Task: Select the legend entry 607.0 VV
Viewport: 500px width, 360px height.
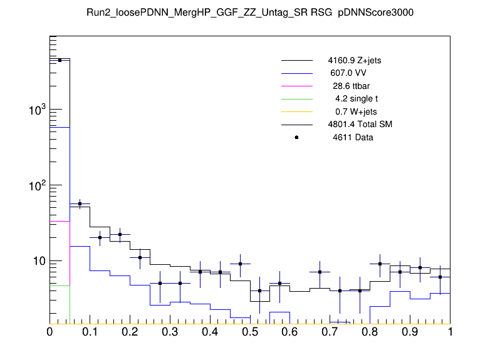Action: click(349, 74)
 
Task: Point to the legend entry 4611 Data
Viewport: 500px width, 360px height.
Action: click(353, 137)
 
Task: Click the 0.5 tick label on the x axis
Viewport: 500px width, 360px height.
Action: click(250, 332)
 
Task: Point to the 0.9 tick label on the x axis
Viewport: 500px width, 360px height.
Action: click(410, 332)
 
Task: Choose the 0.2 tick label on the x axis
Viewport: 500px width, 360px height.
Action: click(130, 332)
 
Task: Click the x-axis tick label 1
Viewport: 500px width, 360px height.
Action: click(450, 332)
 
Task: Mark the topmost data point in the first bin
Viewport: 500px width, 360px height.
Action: click(60, 60)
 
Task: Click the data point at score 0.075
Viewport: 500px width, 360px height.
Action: click(80, 204)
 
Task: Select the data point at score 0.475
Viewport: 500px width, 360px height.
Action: click(240, 264)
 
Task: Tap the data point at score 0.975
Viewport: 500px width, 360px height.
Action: click(440, 277)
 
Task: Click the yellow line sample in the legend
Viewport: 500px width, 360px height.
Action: click(296, 112)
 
